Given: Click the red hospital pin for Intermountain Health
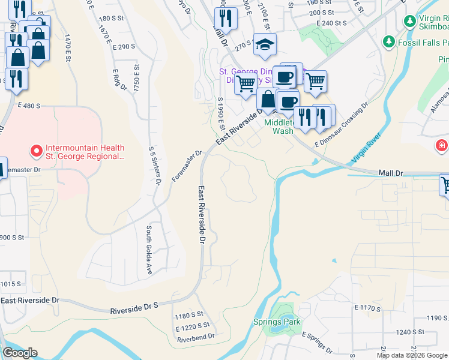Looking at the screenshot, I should point(35,149).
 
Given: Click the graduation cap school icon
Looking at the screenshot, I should point(264,44).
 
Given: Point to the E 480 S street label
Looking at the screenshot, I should point(29,106).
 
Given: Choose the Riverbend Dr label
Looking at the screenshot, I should point(195,338).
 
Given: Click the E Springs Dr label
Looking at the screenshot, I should point(317,342).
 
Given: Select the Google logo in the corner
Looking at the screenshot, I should point(19,353).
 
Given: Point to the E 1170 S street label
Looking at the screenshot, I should point(367,308).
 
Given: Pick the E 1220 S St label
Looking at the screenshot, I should point(192,328).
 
